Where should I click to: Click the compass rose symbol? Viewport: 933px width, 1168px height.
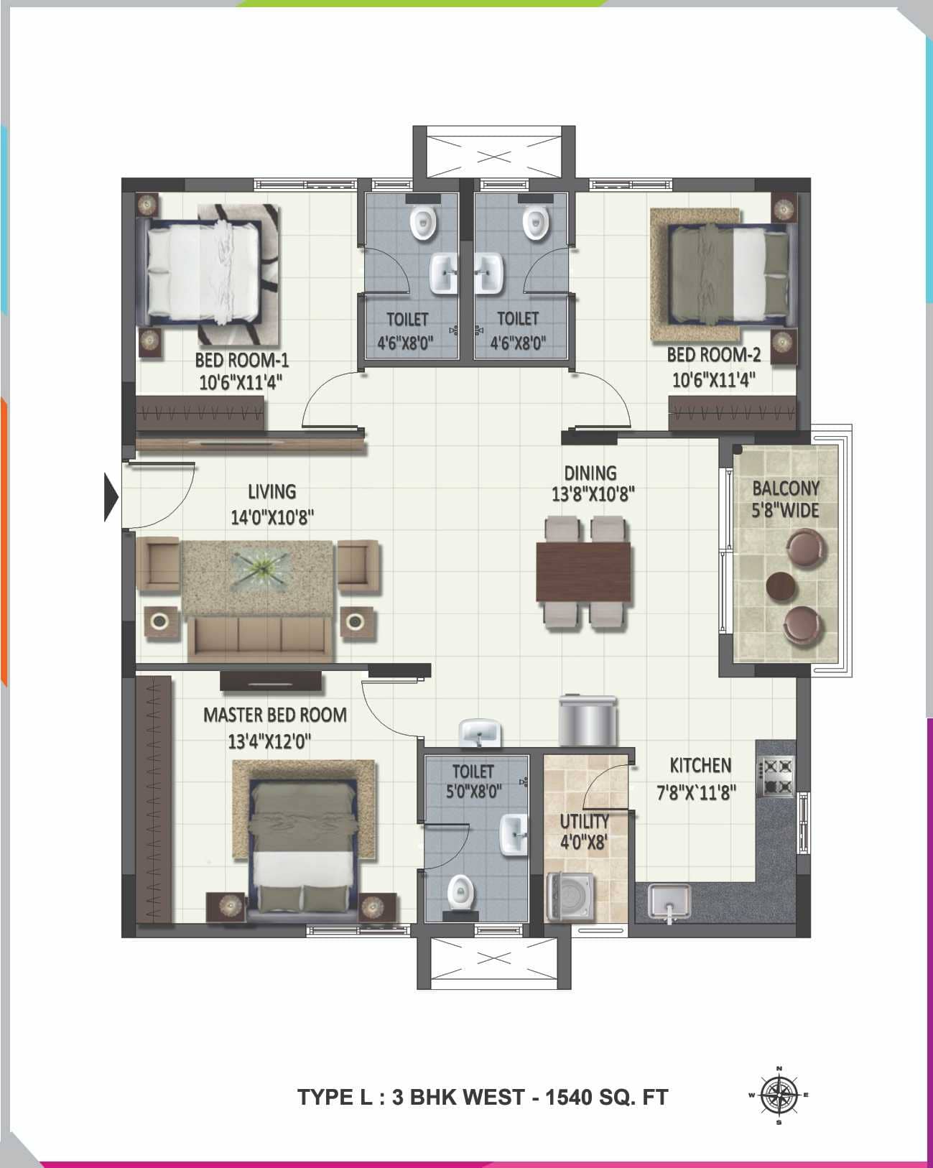point(779,1095)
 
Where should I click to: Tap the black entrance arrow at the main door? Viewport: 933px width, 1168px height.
point(111,496)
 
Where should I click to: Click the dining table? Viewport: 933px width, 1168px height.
point(583,572)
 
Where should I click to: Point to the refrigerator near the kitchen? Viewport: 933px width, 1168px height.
point(588,721)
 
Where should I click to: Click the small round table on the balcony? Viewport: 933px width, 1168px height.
point(781,585)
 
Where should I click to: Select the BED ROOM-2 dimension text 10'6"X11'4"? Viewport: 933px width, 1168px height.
point(713,379)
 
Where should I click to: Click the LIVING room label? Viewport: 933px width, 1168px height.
point(271,491)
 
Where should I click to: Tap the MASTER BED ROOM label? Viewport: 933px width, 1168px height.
point(275,715)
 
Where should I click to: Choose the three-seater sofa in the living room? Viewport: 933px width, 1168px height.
point(261,637)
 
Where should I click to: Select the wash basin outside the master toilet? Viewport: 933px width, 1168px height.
point(480,733)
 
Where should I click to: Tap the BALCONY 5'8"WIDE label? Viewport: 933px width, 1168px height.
point(785,499)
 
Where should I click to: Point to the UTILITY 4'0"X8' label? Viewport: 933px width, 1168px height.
point(584,831)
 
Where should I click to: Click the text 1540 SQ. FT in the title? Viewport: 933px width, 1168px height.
point(607,1098)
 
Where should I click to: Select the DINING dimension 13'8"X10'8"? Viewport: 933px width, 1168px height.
point(593,494)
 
